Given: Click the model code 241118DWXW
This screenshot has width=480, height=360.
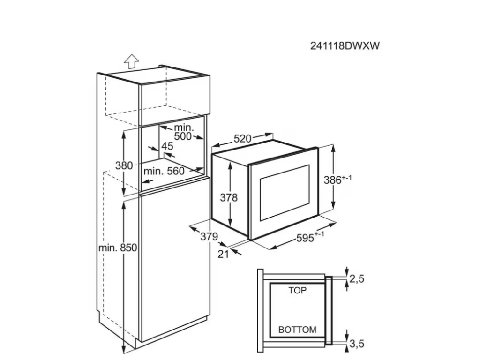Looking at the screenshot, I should [x=345, y=46].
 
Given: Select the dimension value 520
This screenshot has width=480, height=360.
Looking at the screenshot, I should [x=243, y=138].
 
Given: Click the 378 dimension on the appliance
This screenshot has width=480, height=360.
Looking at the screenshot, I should [x=229, y=197].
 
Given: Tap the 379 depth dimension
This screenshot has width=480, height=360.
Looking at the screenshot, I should [x=210, y=237].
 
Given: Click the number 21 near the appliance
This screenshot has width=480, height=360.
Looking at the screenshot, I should [x=223, y=254].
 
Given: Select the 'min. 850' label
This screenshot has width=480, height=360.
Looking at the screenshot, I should [x=117, y=248].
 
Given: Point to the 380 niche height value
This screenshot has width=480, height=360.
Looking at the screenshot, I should [x=124, y=165].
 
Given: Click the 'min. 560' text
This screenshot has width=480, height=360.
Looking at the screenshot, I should [x=164, y=171].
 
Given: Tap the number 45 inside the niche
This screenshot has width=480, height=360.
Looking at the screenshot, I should [x=167, y=146].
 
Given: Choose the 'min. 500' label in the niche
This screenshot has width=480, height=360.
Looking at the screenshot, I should [x=183, y=132].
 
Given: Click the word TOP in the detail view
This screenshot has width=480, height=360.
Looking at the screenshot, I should [x=297, y=291].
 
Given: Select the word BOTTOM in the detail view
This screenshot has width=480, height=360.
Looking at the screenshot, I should [x=297, y=330].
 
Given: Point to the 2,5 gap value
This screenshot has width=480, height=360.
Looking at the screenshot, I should [x=357, y=279].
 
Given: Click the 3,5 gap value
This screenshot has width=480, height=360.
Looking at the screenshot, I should [x=357, y=345].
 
